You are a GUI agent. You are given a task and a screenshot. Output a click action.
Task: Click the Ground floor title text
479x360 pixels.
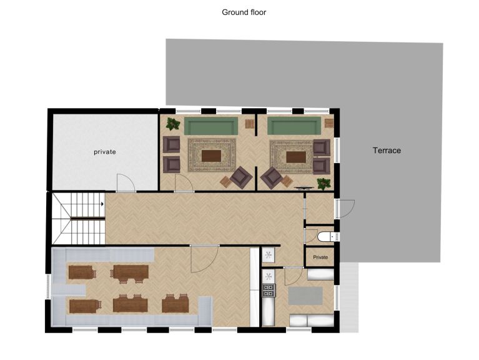[244, 12]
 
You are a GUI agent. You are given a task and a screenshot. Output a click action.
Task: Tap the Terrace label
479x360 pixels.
[387, 151]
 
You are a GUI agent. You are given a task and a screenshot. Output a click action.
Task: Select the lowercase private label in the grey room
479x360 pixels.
[105, 152]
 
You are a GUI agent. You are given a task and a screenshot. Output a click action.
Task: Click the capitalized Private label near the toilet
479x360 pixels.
[320, 257]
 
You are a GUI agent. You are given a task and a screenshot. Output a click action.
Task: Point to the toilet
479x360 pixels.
[325, 236]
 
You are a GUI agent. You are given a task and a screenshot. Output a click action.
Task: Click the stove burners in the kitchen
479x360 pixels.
[269, 290]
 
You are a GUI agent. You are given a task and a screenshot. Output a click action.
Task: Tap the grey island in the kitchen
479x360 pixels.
[305, 296]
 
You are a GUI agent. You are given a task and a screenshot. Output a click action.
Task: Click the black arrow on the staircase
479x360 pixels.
[102, 204]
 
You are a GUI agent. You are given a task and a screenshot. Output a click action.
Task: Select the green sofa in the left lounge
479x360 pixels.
[211, 126]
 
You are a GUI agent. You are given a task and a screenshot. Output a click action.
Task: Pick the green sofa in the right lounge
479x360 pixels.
[294, 126]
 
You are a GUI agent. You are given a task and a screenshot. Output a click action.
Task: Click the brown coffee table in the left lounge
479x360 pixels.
[211, 156]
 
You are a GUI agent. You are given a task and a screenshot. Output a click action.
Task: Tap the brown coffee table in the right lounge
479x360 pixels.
[296, 157]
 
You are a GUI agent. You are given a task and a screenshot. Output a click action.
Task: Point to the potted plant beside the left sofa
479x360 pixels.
[173, 124]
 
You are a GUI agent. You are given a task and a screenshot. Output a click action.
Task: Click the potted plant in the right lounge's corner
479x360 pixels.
[323, 184]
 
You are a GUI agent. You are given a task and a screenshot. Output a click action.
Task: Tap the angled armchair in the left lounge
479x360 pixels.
[241, 177]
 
